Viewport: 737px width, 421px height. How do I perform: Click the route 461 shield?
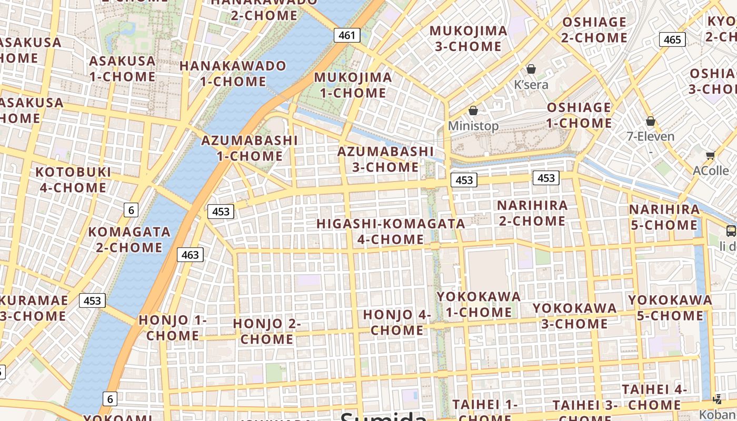tap(347, 35)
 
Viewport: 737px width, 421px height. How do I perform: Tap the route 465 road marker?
tap(672, 39)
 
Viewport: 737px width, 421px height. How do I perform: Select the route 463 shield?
tap(190, 255)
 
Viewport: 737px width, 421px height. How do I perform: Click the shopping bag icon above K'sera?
tap(531, 69)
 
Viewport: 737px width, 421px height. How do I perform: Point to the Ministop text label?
tap(473, 126)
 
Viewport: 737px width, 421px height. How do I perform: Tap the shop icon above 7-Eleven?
tap(651, 121)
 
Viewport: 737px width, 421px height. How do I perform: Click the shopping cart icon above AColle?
tap(710, 155)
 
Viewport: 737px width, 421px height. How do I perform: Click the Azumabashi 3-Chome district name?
tap(385, 159)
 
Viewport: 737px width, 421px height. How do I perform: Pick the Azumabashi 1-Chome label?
tap(250, 148)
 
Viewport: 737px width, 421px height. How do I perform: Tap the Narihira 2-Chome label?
tap(532, 213)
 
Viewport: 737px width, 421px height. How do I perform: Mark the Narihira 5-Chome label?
tap(664, 217)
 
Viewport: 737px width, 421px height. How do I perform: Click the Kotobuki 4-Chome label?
tap(73, 179)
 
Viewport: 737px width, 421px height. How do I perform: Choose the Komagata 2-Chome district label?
tap(129, 239)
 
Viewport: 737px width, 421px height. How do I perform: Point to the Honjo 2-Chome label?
tap(267, 331)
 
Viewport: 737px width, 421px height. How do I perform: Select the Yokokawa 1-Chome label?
tap(479, 304)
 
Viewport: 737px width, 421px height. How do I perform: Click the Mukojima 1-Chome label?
tap(353, 85)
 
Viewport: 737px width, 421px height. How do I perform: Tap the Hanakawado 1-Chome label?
tap(233, 74)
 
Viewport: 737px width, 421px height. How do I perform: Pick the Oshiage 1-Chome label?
tap(579, 115)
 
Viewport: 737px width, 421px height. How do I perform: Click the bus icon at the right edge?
tap(731, 230)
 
